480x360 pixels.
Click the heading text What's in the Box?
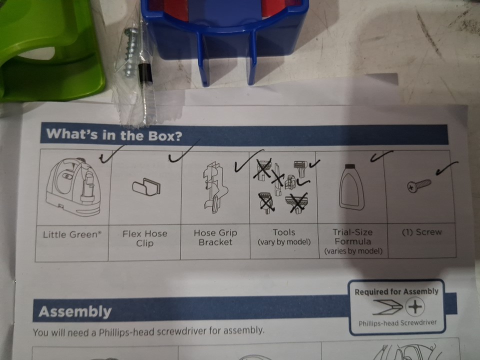[x=114, y=134]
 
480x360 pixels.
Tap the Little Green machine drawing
[x=73, y=186]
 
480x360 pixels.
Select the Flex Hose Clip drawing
[x=146, y=186]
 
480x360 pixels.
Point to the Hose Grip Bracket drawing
[x=215, y=187]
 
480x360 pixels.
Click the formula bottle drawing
[x=351, y=186]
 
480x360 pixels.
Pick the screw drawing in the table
[x=419, y=185]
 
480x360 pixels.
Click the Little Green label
[x=72, y=234]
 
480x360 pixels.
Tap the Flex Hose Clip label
[x=145, y=238]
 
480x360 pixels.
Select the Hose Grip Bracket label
[x=215, y=237]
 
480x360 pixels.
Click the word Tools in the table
[x=284, y=232]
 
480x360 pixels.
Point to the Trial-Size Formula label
[x=352, y=236]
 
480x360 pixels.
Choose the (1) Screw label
[x=421, y=232]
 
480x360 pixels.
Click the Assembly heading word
[x=75, y=311]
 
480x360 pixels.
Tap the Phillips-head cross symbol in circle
[x=415, y=306]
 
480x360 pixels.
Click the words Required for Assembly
[x=396, y=291]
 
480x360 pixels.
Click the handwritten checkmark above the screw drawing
[x=447, y=168]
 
